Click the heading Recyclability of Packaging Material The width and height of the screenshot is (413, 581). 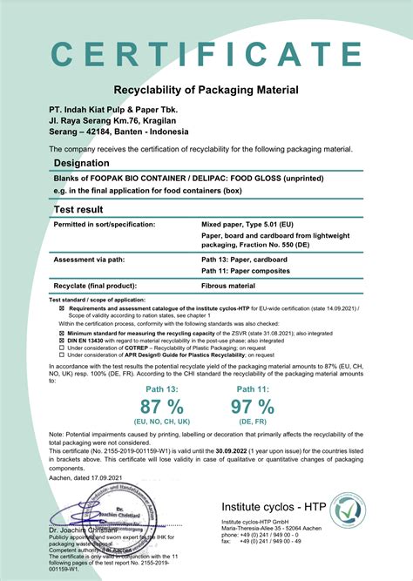click(x=206, y=90)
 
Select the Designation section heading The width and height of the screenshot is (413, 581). click(x=88, y=164)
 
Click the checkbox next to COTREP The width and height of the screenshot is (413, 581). click(x=61, y=348)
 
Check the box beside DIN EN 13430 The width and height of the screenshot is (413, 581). click(x=61, y=341)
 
